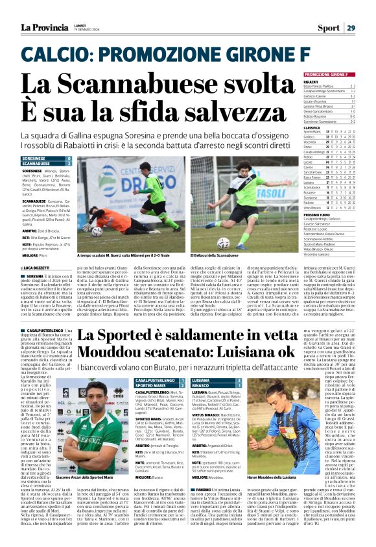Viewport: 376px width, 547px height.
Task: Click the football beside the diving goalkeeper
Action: (97, 229)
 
